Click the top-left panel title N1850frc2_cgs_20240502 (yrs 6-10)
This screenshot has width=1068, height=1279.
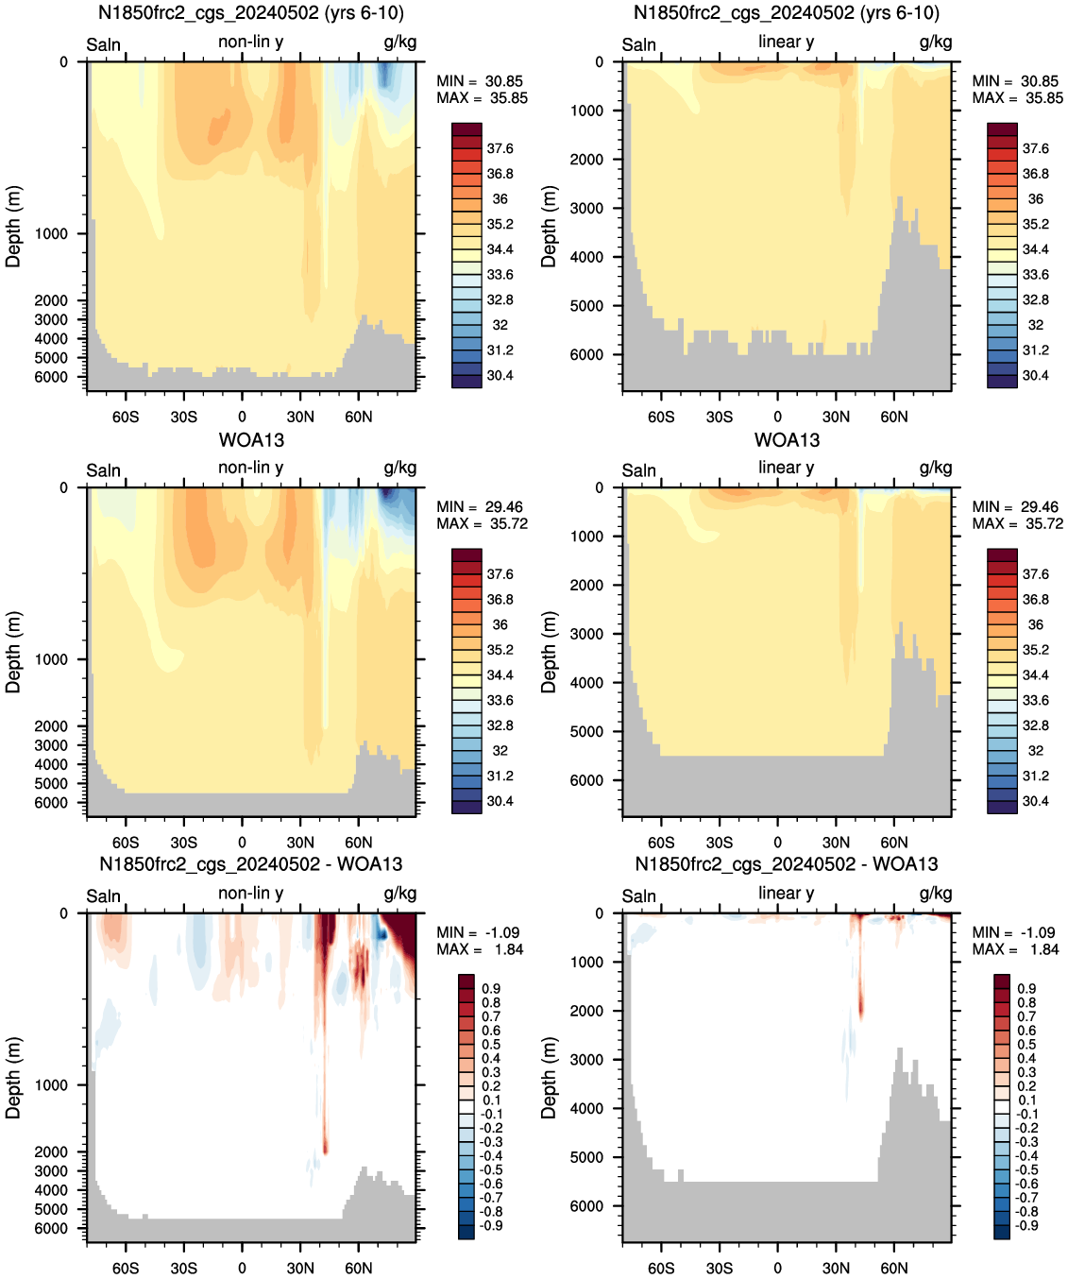click(x=251, y=12)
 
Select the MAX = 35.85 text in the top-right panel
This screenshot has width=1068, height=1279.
click(x=1018, y=98)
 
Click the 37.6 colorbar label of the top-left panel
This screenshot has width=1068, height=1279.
click(x=500, y=148)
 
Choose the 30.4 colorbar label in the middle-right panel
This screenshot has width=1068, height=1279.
click(x=1036, y=801)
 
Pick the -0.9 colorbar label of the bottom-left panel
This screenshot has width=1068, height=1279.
click(x=492, y=1225)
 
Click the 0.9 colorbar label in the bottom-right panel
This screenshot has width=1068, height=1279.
click(x=1027, y=988)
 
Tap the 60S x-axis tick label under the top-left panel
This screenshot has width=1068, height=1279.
click(x=126, y=417)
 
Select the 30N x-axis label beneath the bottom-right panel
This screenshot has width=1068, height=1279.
click(x=836, y=1268)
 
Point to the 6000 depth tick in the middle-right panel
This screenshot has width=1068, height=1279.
click(x=587, y=779)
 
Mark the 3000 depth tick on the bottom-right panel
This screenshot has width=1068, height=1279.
click(x=587, y=1059)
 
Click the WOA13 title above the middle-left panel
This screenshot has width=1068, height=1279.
click(x=251, y=439)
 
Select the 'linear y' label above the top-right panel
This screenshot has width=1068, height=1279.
click(x=787, y=42)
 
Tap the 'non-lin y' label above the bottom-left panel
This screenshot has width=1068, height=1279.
click(x=250, y=893)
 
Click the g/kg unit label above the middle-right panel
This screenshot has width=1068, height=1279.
click(x=935, y=469)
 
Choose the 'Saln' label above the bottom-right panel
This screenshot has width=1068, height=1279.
click(x=638, y=896)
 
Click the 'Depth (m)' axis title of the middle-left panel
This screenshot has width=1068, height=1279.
click(x=13, y=652)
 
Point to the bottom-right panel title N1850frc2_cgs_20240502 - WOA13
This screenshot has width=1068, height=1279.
click(x=787, y=863)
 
